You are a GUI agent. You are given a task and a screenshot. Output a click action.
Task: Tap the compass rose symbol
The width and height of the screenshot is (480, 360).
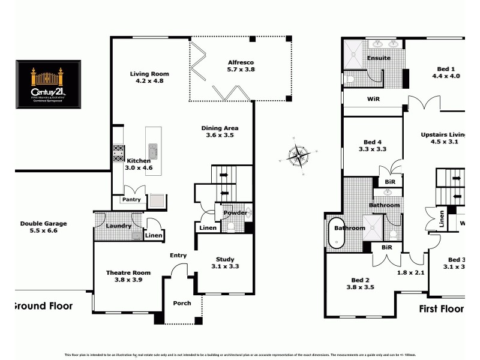pos(298,155)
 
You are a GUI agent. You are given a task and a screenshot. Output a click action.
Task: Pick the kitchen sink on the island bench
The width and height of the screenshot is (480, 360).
pos(153,151)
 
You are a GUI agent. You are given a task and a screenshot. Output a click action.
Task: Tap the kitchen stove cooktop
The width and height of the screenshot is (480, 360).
pos(119,154)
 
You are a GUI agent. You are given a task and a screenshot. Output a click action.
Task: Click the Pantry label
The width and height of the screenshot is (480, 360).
pos(131,199)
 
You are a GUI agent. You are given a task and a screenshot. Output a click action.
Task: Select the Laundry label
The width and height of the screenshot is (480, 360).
pos(118,226)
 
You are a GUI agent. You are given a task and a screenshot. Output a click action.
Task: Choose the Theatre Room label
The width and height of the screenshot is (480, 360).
pos(128,273)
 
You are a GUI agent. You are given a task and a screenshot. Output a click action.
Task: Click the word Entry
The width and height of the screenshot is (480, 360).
pos(178,256)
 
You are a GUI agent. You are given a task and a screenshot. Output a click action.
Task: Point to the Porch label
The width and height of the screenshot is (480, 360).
pos(182,303)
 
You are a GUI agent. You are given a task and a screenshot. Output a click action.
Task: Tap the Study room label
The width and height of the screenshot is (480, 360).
pos(225,259)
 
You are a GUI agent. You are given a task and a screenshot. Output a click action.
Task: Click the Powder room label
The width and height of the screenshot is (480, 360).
pos(235,213)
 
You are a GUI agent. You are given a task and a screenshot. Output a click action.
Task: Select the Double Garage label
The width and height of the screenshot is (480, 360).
pos(43,224)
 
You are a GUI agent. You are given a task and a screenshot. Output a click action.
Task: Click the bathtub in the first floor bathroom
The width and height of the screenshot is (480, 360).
pos(336,233)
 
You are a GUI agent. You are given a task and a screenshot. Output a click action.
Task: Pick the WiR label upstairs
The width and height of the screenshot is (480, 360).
pos(374,98)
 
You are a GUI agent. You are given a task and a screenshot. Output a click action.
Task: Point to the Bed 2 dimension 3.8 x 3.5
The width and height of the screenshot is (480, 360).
pos(360,287)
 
